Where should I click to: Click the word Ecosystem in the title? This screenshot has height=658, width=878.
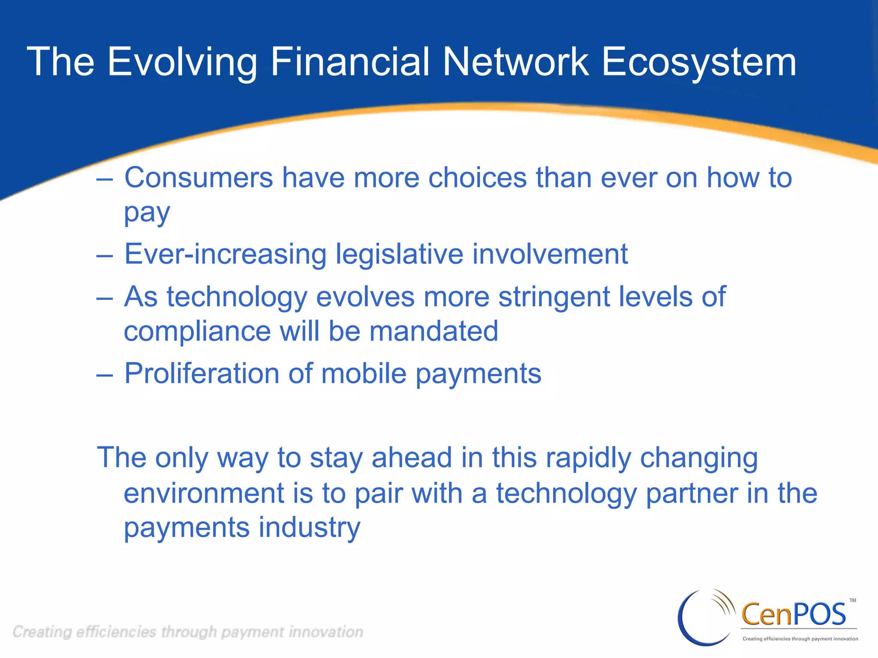(699, 63)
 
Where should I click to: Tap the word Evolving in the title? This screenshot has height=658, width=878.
(182, 63)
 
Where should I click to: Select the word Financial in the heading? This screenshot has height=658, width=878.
(349, 63)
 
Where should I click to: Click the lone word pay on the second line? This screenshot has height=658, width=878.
(147, 213)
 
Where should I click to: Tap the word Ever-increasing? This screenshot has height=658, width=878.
(225, 254)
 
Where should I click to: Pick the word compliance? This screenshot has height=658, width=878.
(197, 331)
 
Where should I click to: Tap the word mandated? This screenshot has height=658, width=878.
(433, 331)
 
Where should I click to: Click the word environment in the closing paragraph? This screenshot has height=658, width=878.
(204, 493)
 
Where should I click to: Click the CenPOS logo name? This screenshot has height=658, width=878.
(793, 614)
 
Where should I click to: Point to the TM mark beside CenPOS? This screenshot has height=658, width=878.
(853, 601)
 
